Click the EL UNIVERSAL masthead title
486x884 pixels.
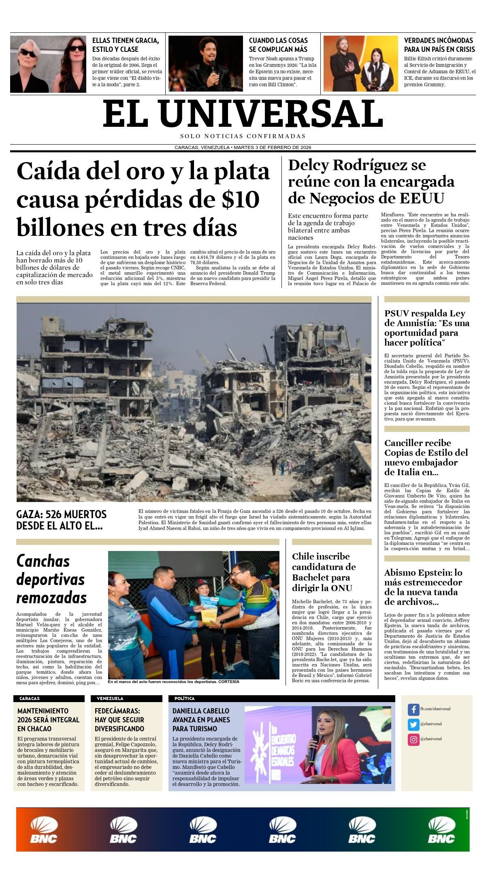pyautogui.click(x=243, y=114)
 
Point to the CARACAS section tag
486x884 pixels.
pyautogui.click(x=30, y=698)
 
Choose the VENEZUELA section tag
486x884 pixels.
pyautogui.click(x=110, y=698)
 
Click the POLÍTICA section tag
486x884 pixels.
pyautogui.click(x=184, y=698)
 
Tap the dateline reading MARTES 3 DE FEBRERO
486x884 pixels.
pyautogui.click(x=272, y=147)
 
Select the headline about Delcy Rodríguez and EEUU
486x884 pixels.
pyautogui.click(x=371, y=181)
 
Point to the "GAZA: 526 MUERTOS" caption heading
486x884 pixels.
pyautogui.click(x=61, y=520)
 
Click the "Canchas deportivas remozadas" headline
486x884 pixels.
pyautogui.click(x=51, y=579)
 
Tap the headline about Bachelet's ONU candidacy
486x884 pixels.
pyautogui.click(x=324, y=572)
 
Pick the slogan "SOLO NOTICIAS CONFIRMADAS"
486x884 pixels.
pyautogui.click(x=243, y=136)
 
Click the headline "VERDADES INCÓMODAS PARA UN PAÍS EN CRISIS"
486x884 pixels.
pyautogui.click(x=439, y=45)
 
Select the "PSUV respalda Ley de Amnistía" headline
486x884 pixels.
pyautogui.click(x=426, y=328)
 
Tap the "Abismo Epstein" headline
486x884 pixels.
pyautogui.click(x=423, y=587)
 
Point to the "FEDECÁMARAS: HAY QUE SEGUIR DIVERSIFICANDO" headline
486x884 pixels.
pyautogui.click(x=119, y=720)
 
